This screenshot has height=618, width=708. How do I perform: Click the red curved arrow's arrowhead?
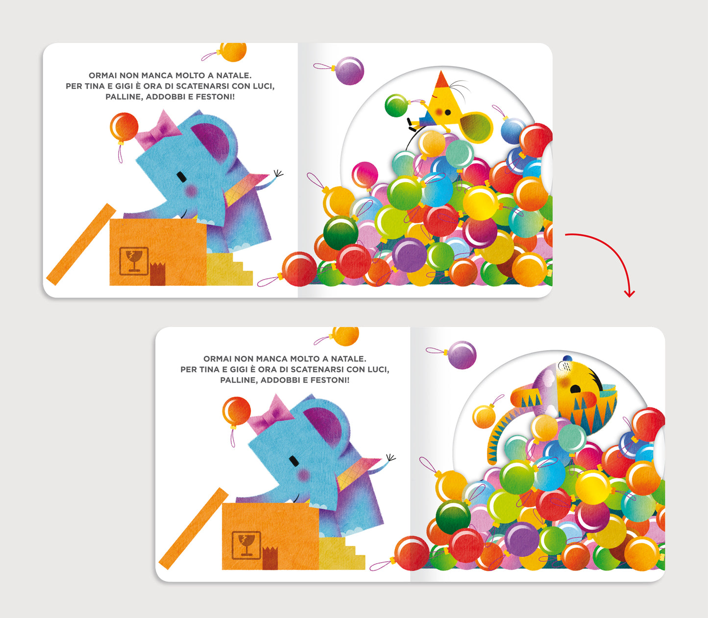pyautogui.click(x=629, y=294)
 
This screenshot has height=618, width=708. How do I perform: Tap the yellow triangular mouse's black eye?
pyautogui.click(x=448, y=113)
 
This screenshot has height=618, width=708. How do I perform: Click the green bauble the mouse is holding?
pyautogui.click(x=396, y=105)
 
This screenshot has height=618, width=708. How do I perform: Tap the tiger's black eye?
pyautogui.click(x=575, y=389)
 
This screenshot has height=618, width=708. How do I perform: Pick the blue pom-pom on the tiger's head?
pyautogui.click(x=567, y=358)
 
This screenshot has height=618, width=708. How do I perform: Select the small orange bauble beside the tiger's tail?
pyautogui.click(x=484, y=417)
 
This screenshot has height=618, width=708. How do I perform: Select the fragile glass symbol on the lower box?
pyautogui.click(x=246, y=545)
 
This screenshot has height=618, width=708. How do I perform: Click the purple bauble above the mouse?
pyautogui.click(x=349, y=71)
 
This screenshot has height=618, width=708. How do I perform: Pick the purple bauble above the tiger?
pyautogui.click(x=462, y=355)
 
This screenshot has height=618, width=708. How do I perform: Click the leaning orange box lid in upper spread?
pyautogui.click(x=81, y=244)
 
